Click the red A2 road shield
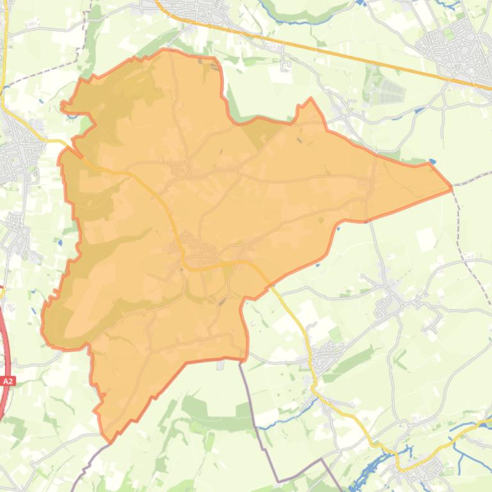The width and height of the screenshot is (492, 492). point(8,381)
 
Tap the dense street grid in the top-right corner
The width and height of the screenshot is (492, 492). point(457,48)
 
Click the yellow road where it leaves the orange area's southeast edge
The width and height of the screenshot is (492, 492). point(272,286)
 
